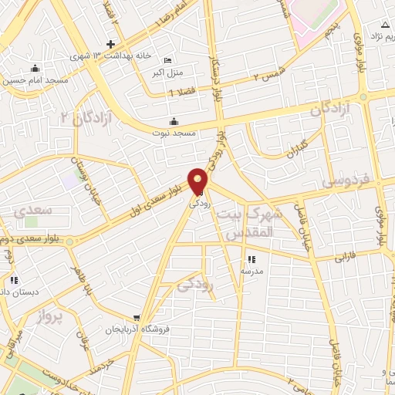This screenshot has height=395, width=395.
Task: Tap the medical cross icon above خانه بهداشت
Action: point(111,44)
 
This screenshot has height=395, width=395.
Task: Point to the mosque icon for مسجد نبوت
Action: point(173,121)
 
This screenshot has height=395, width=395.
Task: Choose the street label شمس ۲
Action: point(267,73)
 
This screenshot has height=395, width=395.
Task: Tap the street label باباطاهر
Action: point(83,284)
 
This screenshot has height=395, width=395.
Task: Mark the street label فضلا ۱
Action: point(182,93)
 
